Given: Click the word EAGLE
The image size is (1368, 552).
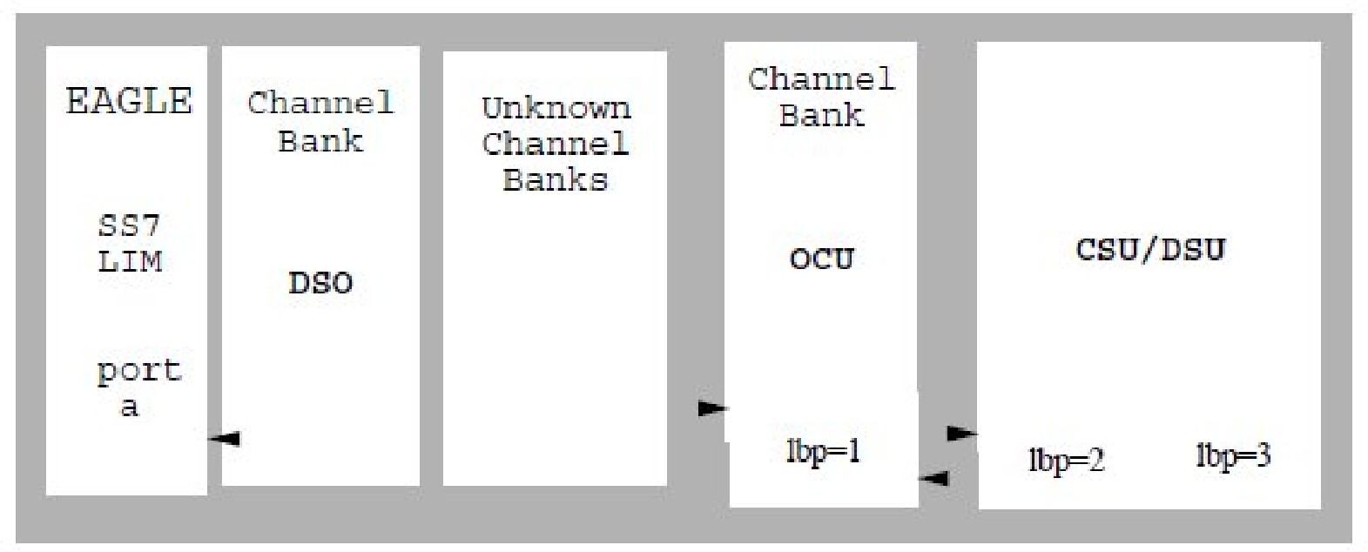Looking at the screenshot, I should (129, 101).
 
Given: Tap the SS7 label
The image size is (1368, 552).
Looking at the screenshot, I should (129, 226).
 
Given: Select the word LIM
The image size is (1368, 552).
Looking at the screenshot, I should (129, 261).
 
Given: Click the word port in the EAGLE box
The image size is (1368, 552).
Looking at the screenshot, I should (138, 372).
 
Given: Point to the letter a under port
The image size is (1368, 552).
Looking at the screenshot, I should (129, 407).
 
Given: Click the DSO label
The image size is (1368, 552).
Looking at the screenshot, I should (320, 283).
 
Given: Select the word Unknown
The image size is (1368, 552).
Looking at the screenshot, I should (556, 109).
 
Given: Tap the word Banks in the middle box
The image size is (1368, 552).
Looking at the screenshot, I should (555, 180).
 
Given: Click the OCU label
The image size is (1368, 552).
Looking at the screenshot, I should (821, 259).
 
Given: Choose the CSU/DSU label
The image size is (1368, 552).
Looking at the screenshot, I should (1150, 250).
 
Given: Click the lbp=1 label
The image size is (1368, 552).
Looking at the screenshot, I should (823, 452).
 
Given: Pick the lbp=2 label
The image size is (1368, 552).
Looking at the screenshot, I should (1066, 460).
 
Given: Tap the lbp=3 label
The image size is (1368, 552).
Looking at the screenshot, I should (1232, 455).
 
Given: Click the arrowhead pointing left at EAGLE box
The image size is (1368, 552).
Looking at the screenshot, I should (226, 439).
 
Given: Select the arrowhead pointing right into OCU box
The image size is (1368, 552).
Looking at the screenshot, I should (711, 407).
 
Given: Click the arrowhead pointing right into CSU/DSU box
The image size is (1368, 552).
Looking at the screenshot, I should (960, 433).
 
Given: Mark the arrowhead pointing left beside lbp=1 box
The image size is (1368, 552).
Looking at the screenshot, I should (935, 478).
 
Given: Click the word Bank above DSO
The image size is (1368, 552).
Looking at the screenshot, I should (320, 141).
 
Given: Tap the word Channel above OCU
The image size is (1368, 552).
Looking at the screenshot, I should (821, 80).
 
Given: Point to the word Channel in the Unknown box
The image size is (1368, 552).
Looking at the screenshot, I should (555, 144).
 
